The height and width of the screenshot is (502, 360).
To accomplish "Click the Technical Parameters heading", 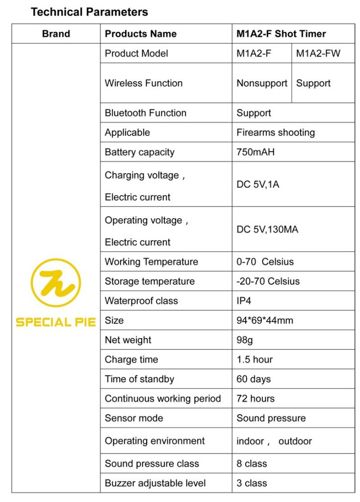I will pos(89,12).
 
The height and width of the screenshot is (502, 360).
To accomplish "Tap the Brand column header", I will pos(56,34).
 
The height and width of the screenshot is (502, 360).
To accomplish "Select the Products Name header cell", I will pos(141,34).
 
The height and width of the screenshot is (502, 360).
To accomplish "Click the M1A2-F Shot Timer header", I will pos(281,34).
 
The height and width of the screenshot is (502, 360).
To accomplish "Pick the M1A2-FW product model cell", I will pos(318,53).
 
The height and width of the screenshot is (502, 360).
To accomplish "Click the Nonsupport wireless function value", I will pos(262,83).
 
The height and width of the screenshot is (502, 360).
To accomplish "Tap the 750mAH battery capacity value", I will pos(256,152).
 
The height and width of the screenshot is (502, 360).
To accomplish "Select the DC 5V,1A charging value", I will pos(258,185).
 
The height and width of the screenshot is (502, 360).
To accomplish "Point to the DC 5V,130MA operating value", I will pos(267,229).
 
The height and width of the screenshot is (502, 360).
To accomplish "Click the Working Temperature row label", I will pos(152,262).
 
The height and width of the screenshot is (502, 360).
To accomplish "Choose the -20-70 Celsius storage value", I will pos(268,281).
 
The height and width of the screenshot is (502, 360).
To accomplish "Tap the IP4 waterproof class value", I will pos(244,301).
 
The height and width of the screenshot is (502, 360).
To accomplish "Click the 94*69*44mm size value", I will pos(265,321).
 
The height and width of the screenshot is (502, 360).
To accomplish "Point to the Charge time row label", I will pos(131,360).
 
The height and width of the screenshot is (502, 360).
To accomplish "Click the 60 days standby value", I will pos(254,379).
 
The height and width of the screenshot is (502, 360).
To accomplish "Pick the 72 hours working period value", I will pos(256,399).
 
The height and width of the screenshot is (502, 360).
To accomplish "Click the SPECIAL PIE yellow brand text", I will pos(56,322).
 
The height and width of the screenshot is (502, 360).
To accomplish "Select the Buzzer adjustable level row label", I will pos(155,483).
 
